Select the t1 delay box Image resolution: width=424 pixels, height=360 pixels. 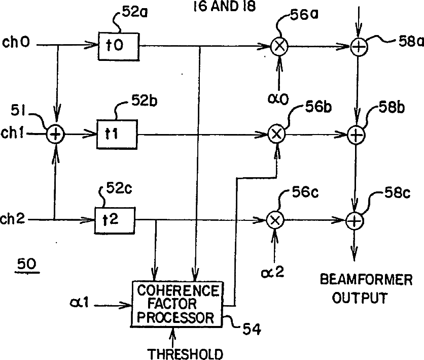tap(117, 135)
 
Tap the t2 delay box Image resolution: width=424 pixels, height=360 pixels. tap(115, 219)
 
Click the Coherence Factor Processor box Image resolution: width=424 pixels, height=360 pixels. tap(178, 305)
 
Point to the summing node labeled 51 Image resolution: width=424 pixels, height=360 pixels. tap(56, 135)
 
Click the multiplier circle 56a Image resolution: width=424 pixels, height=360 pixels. tap(279, 48)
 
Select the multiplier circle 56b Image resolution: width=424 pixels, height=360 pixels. tap(277, 135)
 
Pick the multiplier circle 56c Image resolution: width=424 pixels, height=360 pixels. tap(274, 220)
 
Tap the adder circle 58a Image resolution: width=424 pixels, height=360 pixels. tap(359, 48)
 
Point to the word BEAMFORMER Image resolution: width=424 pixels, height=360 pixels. tap(359, 280)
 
